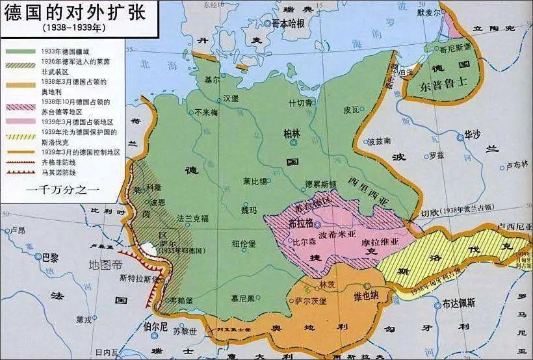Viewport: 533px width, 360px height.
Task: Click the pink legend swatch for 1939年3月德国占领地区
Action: (18, 122)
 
